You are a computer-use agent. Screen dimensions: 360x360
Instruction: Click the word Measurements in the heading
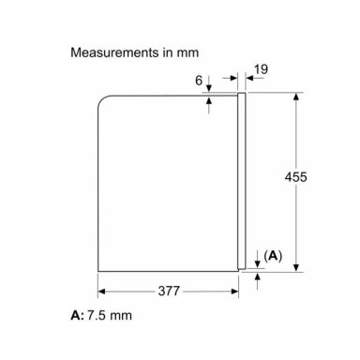[x=114, y=52]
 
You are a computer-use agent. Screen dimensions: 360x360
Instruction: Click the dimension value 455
[x=295, y=177]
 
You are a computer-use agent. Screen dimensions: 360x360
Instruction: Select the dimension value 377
[x=169, y=292]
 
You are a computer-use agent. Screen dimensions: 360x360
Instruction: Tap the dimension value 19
[x=261, y=69]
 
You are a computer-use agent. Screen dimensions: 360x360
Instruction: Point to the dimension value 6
[x=199, y=81]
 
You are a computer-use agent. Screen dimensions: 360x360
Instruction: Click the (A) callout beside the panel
[x=273, y=256]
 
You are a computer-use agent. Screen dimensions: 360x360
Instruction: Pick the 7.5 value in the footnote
[x=97, y=315]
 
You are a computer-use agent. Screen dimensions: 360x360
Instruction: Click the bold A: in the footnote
[x=78, y=315]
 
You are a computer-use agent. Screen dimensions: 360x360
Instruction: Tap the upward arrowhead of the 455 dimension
[x=296, y=97]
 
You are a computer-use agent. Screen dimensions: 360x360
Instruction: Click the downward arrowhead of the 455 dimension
[x=296, y=267]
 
